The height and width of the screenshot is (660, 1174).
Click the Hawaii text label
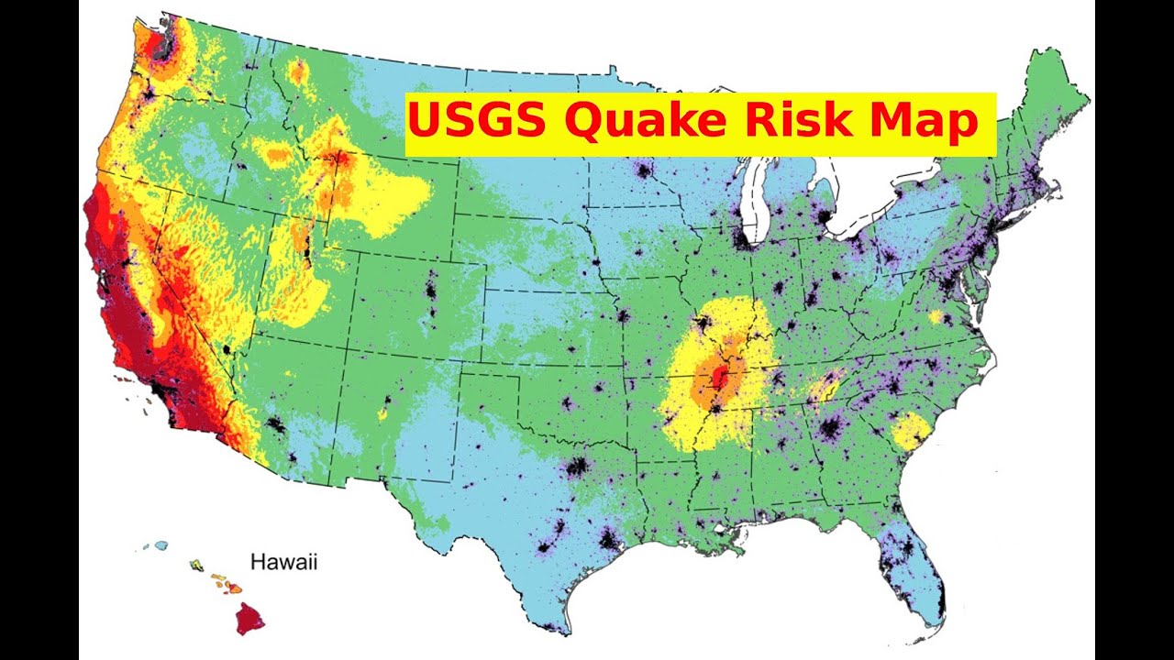tap(284, 562)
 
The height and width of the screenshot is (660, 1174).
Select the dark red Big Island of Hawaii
tap(248, 618)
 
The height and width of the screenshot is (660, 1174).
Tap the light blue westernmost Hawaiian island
tap(161, 545)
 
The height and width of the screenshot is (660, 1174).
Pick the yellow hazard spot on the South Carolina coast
tap(910, 431)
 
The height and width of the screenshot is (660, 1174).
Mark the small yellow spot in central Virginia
tap(936, 317)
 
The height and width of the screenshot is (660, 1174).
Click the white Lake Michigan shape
tap(759, 202)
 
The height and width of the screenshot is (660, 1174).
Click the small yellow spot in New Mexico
tap(382, 413)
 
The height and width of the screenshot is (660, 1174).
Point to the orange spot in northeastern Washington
tap(297, 71)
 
